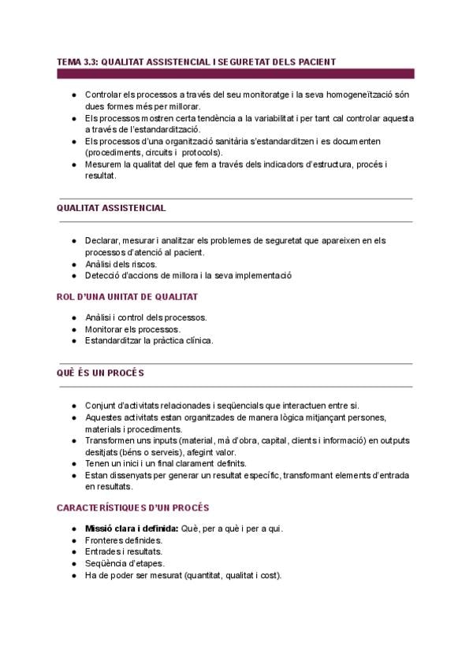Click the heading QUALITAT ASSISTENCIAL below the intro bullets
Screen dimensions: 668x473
[111, 208]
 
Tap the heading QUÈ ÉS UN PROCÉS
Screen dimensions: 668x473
[100, 373]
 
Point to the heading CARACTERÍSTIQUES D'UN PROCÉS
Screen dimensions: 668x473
[132, 509]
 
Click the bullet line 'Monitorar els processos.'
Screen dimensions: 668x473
[133, 329]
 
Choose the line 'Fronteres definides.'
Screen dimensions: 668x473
[124, 540]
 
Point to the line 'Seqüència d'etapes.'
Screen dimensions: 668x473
[125, 564]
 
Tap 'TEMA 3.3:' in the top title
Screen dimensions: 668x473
[76, 61]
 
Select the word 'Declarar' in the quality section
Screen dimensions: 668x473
[102, 240]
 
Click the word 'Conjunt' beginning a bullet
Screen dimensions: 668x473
[101, 405]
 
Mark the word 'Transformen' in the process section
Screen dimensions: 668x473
[109, 441]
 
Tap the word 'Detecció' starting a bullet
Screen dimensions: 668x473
[102, 276]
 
